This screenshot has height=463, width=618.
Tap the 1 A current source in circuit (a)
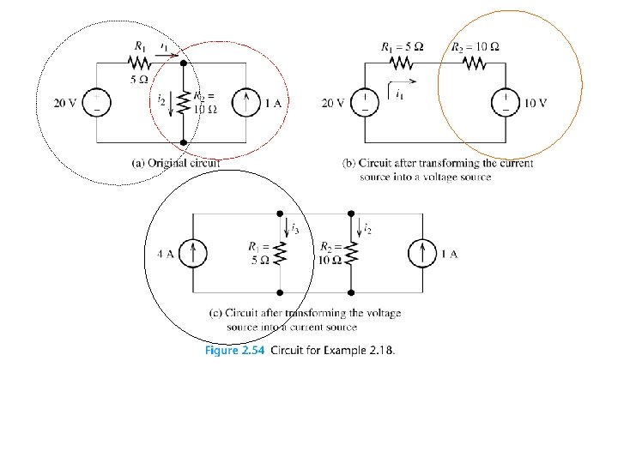[x=247, y=104]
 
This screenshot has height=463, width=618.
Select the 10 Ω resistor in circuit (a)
[x=184, y=103]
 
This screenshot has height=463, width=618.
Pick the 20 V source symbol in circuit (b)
[x=366, y=104]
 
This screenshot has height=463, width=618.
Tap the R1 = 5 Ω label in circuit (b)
[x=401, y=46]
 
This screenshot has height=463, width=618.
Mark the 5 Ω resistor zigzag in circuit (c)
[x=280, y=252]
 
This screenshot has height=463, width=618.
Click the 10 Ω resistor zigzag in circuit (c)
[x=350, y=252]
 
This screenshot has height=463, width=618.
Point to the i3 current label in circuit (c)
[x=294, y=228]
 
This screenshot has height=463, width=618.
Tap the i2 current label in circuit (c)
[x=367, y=228]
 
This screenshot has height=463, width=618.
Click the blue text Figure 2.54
[x=234, y=350]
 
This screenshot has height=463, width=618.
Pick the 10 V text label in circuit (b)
[x=536, y=104]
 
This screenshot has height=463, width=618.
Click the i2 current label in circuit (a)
[x=162, y=101]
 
